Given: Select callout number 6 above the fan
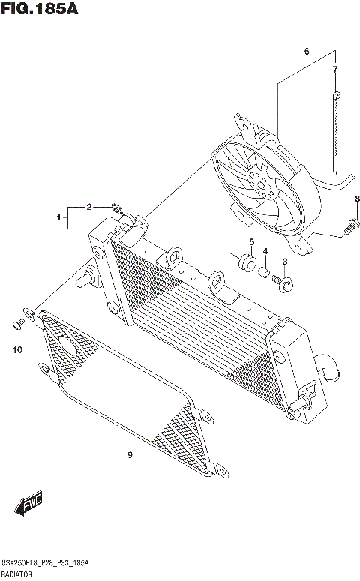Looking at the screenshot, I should [307, 52].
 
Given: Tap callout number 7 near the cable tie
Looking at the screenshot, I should [335, 70].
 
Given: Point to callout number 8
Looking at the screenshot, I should [357, 199].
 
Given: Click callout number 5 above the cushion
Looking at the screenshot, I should [251, 241].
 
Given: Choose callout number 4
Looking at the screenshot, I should [265, 250].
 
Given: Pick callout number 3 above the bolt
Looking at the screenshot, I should [285, 261].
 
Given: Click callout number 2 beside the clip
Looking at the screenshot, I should [88, 206].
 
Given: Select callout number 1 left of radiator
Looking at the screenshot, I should [57, 217].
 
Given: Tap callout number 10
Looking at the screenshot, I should [17, 349].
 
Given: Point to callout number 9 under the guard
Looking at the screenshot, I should [130, 454].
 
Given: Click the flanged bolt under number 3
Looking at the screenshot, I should [286, 282].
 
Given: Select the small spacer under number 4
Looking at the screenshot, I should [265, 273].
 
